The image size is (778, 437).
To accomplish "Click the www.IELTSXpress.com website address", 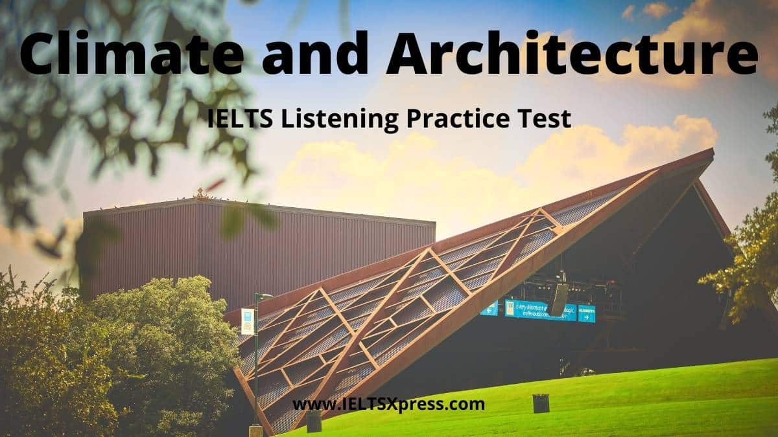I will (388, 405).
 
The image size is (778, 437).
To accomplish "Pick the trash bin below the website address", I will (314, 421).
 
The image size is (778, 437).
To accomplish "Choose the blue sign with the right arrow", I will (586, 313).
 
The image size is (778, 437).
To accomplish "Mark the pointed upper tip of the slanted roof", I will (711, 152).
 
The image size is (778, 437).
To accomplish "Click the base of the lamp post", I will (255, 431).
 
